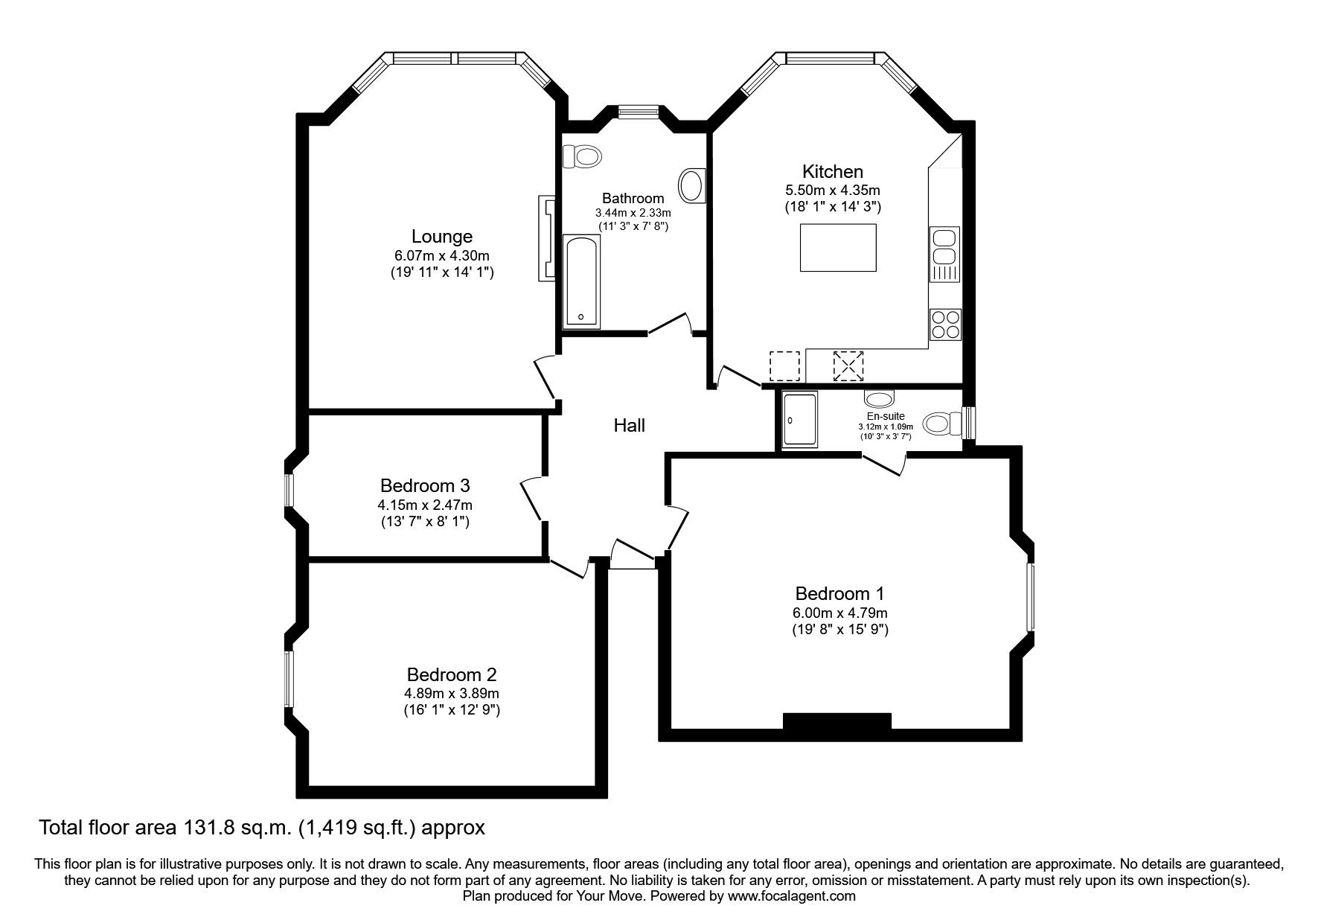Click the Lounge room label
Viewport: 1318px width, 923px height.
click(x=442, y=237)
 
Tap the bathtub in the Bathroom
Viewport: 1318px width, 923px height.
click(x=582, y=281)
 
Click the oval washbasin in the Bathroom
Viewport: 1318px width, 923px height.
click(x=693, y=185)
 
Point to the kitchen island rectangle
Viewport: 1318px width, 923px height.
click(x=838, y=248)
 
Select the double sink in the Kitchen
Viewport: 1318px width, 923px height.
click(x=944, y=248)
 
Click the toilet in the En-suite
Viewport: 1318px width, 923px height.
click(x=939, y=424)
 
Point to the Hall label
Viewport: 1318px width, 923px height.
click(x=629, y=426)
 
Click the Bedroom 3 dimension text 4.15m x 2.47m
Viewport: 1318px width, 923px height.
click(x=424, y=505)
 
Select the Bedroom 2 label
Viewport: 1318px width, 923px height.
click(x=451, y=675)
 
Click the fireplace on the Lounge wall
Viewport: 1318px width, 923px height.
click(x=547, y=238)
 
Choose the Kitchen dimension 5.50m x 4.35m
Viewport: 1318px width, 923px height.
click(x=833, y=191)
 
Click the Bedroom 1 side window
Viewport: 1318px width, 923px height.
click(x=1031, y=598)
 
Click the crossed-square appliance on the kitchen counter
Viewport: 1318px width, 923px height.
click(x=848, y=366)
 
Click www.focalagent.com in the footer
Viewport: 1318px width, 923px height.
click(x=791, y=896)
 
